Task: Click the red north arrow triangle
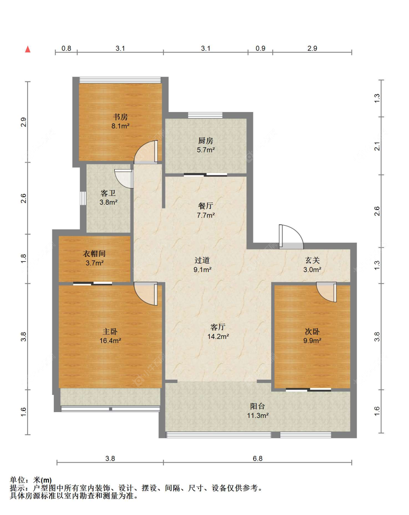pos(28,49)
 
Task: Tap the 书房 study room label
pos(120,117)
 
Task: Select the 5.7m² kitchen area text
pos(206,150)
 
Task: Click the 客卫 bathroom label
pos(108,193)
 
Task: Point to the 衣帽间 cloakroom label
pos(94,253)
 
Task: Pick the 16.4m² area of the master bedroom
pos(110,340)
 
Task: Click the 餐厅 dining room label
pos(206,206)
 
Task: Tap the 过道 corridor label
pos(202,260)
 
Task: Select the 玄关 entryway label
pos(312,260)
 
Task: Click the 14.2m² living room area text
pos(218,336)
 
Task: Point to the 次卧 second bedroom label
pos(312,332)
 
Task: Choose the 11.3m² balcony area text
pos(258,415)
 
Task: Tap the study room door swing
pos(146,152)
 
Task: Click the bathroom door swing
pos(124,179)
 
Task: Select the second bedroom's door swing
pos(326,292)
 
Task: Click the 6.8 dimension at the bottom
pos(258,459)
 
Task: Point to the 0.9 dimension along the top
pos(260,48)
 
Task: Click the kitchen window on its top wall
pos(205,115)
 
